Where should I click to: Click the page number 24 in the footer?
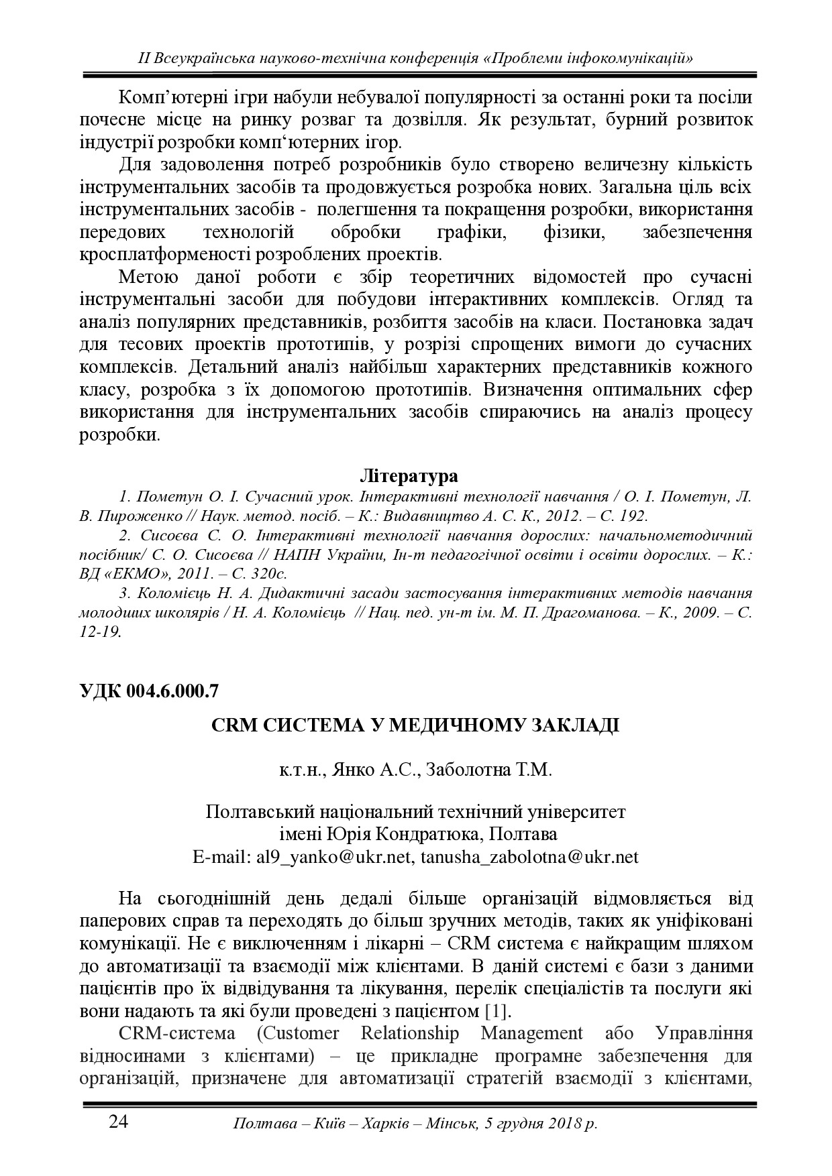pos(118,1122)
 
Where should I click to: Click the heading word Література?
pos(409,476)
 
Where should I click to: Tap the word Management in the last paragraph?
pos(532,1033)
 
